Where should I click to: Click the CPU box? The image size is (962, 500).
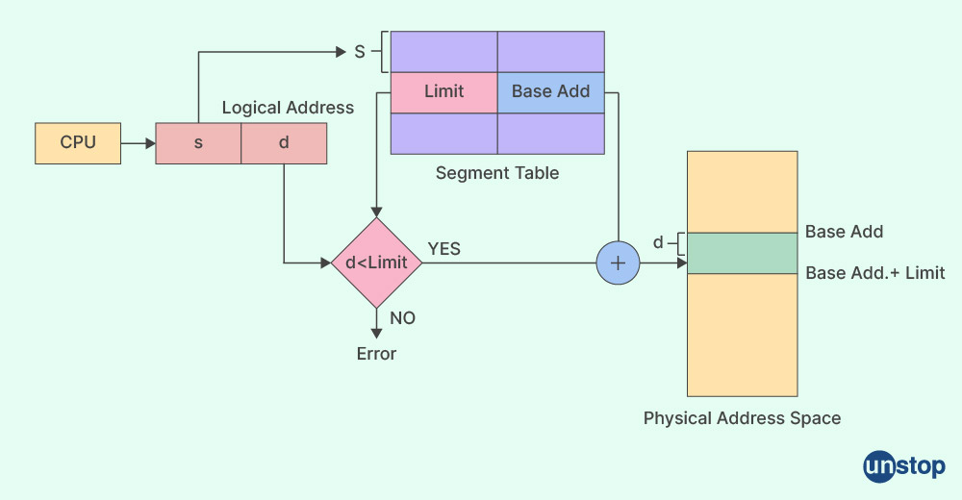coord(78,143)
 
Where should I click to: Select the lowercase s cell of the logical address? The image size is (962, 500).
coord(198,144)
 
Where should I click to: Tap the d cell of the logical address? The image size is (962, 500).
coord(284,144)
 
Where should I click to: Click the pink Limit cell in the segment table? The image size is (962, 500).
coord(443,92)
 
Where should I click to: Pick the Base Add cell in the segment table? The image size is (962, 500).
coord(550,92)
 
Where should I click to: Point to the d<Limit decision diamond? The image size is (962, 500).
coord(376,262)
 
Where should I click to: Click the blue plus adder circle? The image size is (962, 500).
coord(617,262)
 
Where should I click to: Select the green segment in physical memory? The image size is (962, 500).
coord(742,253)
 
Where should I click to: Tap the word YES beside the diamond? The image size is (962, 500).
coord(443,249)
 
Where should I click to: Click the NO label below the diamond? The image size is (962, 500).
coord(403,318)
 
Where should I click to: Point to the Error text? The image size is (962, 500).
coord(376,354)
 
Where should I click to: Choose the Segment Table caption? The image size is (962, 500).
coord(496,174)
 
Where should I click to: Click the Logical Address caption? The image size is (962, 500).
coord(288,108)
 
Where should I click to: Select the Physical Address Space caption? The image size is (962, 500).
coord(742,418)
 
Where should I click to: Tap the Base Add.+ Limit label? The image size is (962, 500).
coord(874,274)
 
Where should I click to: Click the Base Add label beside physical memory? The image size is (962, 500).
coord(844,232)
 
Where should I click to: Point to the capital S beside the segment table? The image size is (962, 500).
coord(360,52)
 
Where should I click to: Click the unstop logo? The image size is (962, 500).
coord(904,467)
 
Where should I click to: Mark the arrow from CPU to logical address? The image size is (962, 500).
coord(139,144)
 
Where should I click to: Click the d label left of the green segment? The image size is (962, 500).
coord(658,242)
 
